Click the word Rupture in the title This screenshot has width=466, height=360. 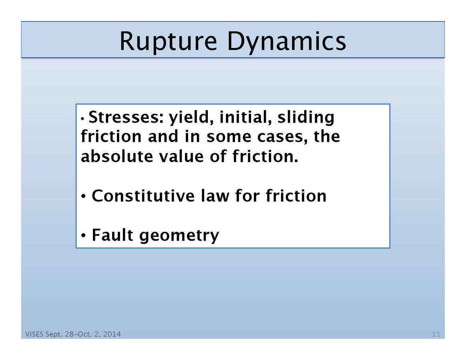tap(169, 41)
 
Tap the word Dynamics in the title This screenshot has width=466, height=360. tap(286, 41)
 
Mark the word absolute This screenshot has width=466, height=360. tap(114, 156)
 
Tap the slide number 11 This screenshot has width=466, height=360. tap(436, 334)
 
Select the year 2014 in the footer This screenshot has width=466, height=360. tap(112, 334)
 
